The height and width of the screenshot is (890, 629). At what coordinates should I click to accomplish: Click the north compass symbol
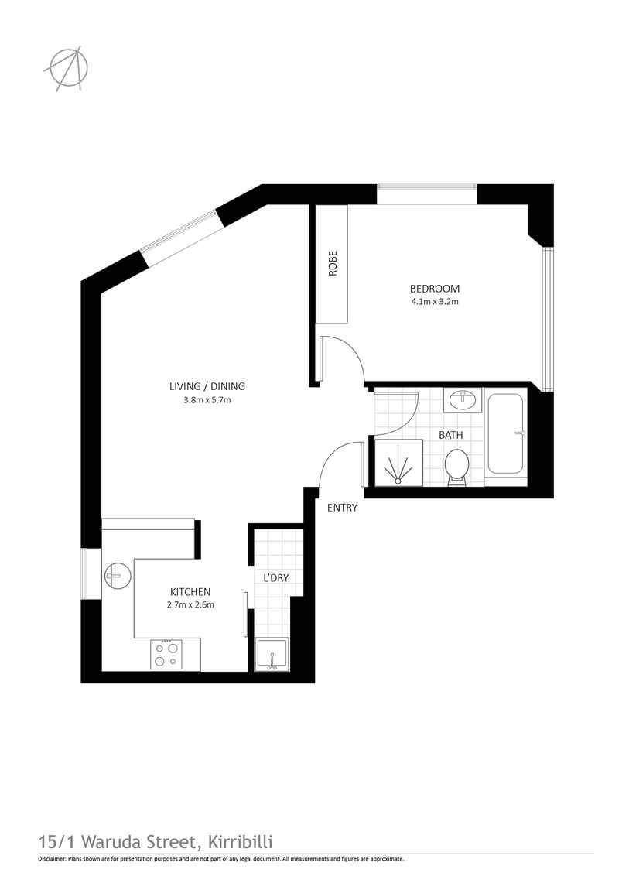point(67,68)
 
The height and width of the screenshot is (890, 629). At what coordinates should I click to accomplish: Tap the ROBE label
point(333,263)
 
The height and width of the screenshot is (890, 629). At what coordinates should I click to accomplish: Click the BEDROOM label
point(435,289)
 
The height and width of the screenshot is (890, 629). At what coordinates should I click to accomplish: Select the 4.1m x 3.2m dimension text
point(435,302)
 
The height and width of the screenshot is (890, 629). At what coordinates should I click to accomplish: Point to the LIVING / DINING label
point(207,386)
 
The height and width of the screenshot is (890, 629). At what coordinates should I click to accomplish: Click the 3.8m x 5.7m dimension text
point(207,400)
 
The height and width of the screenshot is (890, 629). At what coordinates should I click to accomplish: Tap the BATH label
point(451,435)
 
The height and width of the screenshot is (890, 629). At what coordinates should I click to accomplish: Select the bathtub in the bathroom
point(505,433)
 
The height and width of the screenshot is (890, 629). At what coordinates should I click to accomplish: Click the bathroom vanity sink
point(465,400)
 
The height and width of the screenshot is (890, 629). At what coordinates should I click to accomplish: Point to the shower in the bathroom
point(398,463)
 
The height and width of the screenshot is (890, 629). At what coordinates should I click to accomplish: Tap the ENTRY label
point(342,508)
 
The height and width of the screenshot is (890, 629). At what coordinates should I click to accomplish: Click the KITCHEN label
point(190,591)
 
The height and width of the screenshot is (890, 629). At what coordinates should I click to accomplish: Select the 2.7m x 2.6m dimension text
point(190,605)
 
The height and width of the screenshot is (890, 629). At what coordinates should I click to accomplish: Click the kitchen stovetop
point(166,655)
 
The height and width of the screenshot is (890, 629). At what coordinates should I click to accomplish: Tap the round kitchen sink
point(118,576)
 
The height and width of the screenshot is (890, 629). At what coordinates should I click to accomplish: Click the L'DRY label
point(276,578)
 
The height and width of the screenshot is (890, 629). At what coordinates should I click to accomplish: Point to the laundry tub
point(272,655)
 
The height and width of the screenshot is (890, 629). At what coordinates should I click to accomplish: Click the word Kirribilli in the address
point(241,841)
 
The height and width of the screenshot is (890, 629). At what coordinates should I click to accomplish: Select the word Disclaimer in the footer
point(52,859)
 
